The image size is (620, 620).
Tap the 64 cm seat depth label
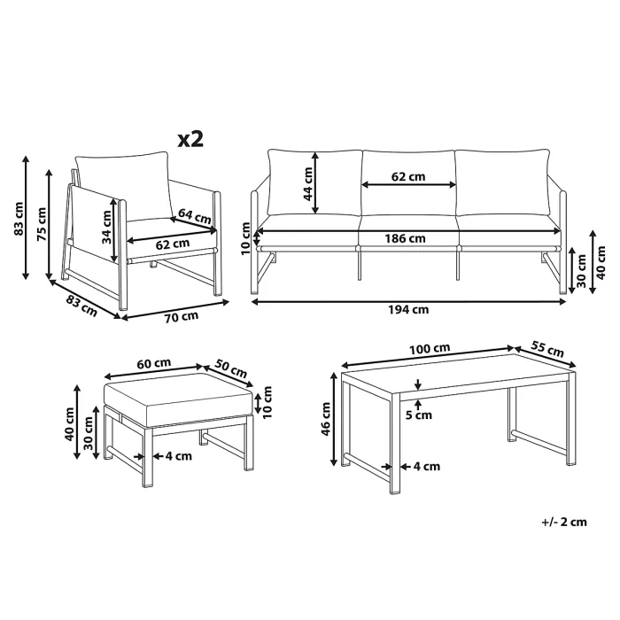tap(194, 214)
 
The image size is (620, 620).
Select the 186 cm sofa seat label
tap(407, 237)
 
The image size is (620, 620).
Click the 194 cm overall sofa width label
tap(409, 309)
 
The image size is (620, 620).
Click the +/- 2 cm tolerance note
tap(564, 522)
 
